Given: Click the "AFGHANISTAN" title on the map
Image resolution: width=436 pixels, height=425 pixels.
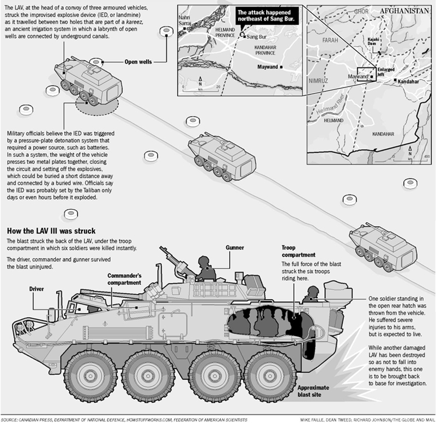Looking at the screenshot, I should tap(403, 11).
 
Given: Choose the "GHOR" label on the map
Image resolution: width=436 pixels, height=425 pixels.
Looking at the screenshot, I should tap(362, 10).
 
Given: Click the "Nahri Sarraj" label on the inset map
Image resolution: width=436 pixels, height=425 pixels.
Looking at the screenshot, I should tap(187, 20).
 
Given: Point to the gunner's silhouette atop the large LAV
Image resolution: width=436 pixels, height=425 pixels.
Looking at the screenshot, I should tap(203, 267).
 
